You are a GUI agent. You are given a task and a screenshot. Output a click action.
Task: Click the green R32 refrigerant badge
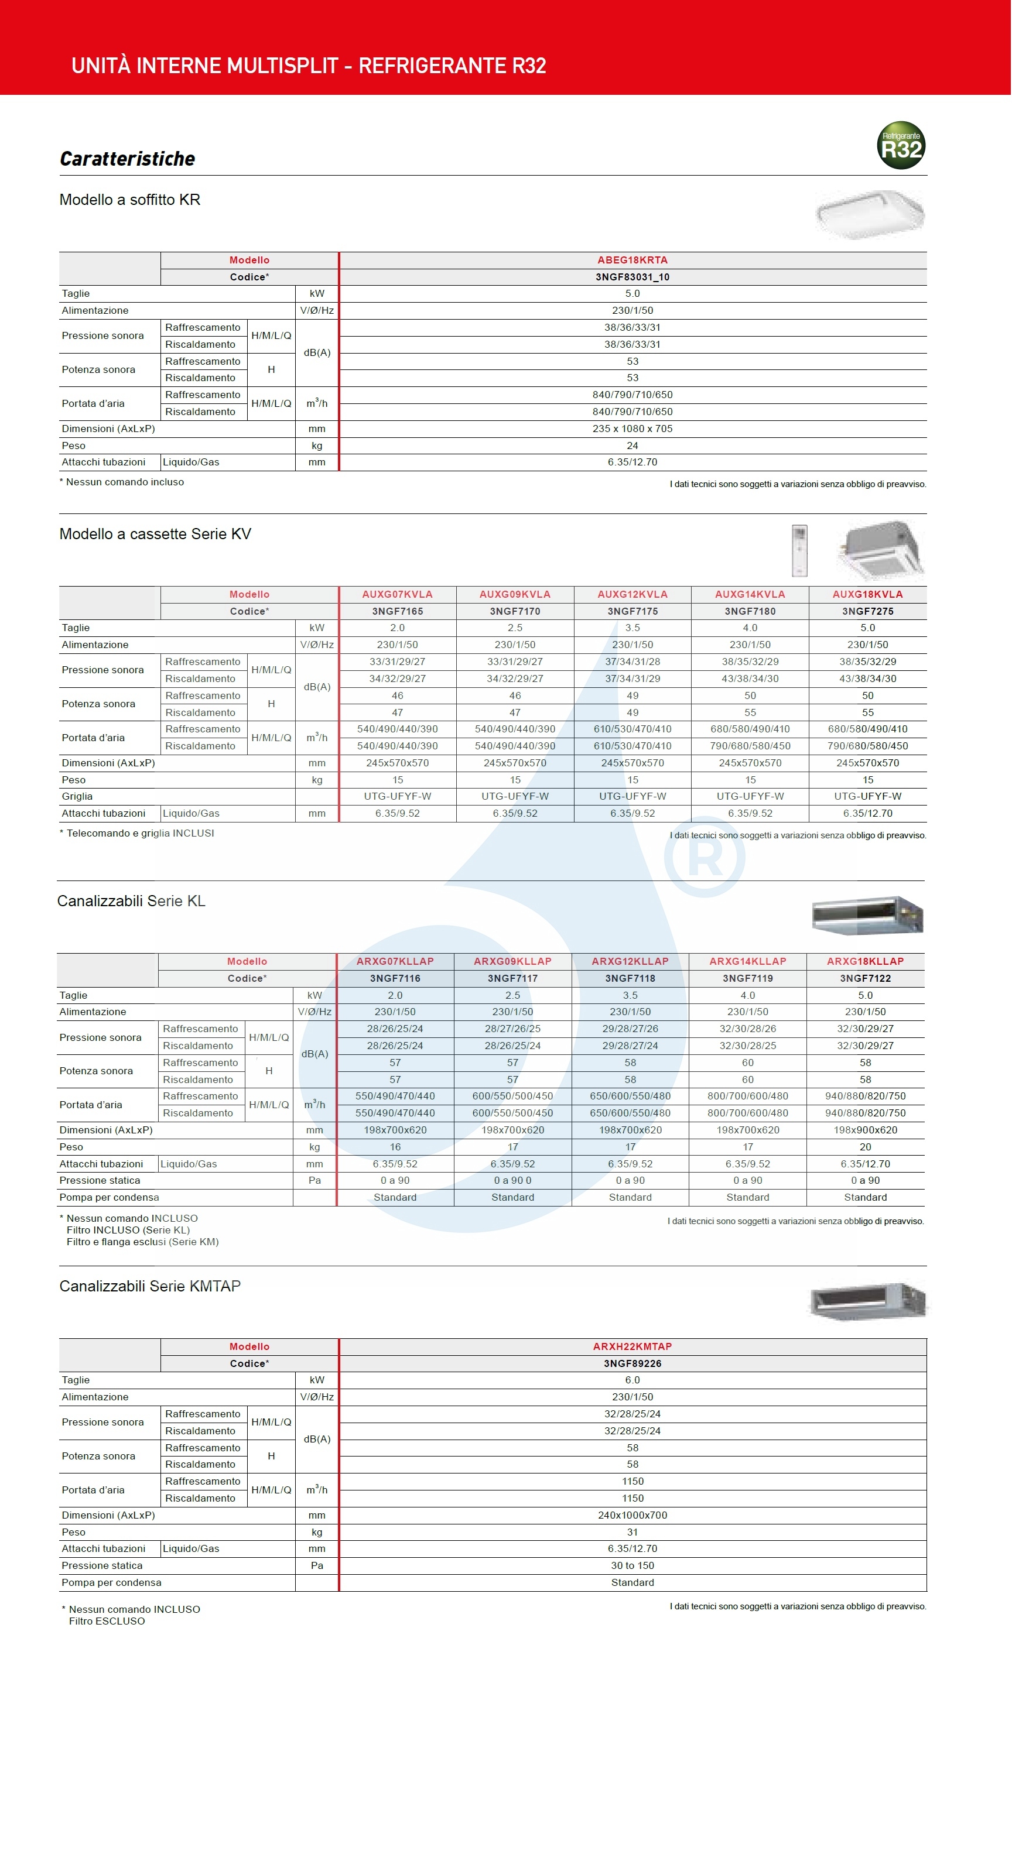(901, 145)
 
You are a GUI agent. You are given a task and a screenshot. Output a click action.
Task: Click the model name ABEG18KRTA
(632, 260)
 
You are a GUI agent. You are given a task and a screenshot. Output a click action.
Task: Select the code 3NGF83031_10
(632, 277)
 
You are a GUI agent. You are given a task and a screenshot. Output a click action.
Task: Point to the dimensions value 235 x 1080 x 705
(632, 429)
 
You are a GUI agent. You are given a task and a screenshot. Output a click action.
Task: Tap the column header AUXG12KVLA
(632, 594)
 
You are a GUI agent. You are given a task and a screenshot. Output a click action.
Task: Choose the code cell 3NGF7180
(750, 611)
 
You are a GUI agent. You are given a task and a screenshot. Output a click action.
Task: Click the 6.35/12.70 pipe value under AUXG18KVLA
(867, 814)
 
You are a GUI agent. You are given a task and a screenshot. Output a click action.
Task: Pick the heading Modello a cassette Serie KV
(155, 534)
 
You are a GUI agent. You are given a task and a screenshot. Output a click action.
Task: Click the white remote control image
(799, 550)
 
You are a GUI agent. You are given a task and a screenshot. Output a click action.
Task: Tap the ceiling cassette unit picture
(880, 549)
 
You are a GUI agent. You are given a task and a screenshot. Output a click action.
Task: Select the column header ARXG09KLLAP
(512, 961)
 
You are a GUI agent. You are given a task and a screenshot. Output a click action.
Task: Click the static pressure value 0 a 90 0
(512, 1180)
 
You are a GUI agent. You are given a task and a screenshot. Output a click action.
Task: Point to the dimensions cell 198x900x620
(865, 1130)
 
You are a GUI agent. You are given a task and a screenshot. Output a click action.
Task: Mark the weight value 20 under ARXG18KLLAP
(865, 1147)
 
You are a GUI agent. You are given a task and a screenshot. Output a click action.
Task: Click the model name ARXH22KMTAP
(632, 1346)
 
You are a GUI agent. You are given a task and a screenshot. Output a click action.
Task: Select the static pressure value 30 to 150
(632, 1565)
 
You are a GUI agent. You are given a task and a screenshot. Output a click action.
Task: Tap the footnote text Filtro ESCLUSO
(107, 1621)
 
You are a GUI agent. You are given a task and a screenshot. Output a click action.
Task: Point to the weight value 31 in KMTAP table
(632, 1532)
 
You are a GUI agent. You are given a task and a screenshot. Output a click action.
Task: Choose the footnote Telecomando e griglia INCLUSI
(140, 833)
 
